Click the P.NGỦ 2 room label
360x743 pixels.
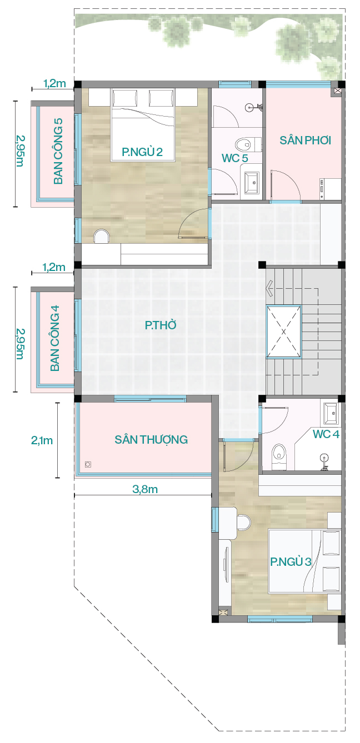(142, 152)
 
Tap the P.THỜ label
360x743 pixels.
(161, 325)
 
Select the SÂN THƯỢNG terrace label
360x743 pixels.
(151, 439)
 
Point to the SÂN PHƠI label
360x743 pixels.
(305, 140)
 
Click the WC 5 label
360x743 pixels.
(235, 158)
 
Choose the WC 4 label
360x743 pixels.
(326, 434)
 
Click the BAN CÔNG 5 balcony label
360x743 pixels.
(58, 151)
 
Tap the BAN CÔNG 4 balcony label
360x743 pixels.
(55, 338)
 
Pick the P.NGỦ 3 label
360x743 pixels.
(291, 561)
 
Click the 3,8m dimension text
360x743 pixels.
(145, 489)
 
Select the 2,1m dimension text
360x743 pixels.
(42, 440)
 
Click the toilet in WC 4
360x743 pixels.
(279, 457)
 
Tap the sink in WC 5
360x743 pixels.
(252, 183)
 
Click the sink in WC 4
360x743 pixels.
(331, 413)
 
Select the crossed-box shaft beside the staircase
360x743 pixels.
(284, 332)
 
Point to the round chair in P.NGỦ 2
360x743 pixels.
(101, 237)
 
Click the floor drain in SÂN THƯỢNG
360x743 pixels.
(88, 464)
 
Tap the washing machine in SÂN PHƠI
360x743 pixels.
(330, 189)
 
